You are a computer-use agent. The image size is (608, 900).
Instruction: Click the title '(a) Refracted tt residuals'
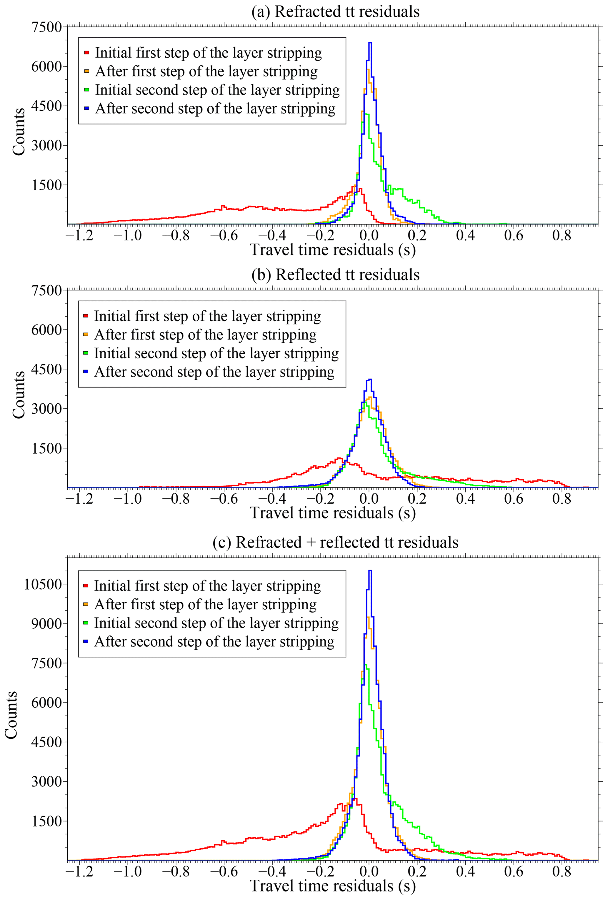click(x=335, y=11)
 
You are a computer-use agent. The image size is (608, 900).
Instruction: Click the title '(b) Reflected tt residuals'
click(x=335, y=275)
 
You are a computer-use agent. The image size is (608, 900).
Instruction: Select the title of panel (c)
click(x=335, y=542)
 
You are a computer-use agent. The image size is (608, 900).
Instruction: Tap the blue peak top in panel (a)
click(x=370, y=43)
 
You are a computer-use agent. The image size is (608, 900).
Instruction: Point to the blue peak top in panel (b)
click(x=370, y=380)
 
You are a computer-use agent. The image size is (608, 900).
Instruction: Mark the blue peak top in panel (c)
click(x=370, y=570)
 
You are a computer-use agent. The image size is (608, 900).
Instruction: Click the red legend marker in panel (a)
click(x=87, y=53)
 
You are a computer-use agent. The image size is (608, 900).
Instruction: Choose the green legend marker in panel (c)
click(x=86, y=623)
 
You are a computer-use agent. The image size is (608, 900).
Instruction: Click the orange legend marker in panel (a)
click(x=87, y=71)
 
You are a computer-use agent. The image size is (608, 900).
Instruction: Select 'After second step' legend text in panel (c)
click(x=214, y=642)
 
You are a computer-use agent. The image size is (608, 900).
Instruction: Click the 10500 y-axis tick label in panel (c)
click(x=43, y=584)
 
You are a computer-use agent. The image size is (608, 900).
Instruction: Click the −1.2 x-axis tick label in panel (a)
click(x=79, y=235)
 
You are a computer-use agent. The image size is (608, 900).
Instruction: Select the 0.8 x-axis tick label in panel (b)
click(x=562, y=498)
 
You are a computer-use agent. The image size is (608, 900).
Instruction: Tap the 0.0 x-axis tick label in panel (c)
click(x=369, y=871)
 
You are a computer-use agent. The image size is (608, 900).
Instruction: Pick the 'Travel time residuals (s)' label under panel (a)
click(x=333, y=250)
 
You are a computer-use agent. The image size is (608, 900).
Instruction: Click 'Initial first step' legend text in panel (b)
click(x=207, y=316)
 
